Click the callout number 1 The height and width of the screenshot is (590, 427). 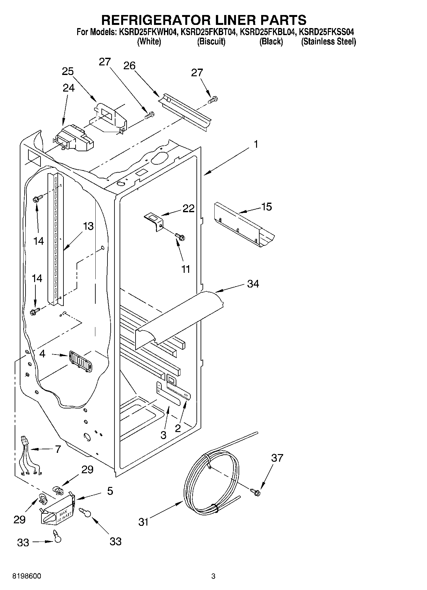255,145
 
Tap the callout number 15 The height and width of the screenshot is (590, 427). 266,207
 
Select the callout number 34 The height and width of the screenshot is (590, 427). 253,283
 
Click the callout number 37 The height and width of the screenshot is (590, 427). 277,458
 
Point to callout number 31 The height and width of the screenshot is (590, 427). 144,522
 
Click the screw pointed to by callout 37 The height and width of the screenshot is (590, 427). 255,492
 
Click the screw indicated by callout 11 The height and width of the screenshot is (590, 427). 180,237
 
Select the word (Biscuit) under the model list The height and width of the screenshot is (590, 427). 211,41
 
